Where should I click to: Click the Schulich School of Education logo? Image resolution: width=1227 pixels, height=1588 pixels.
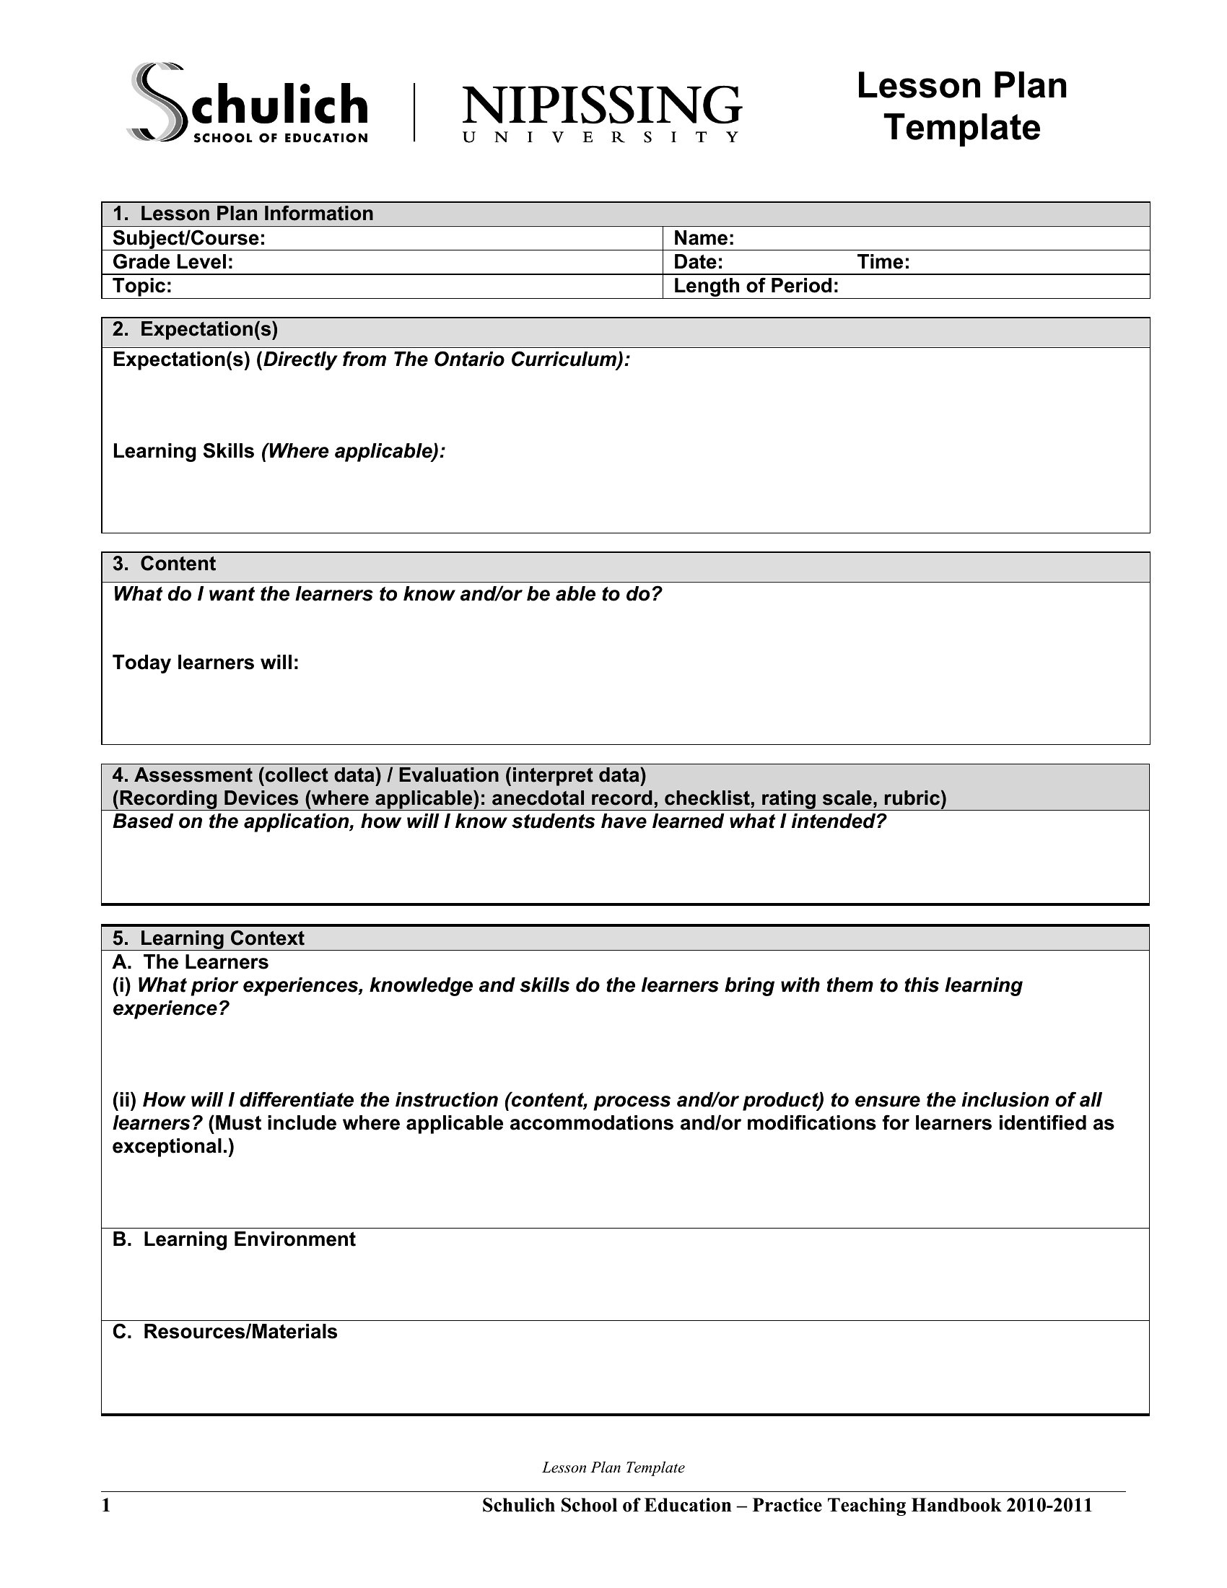(x=247, y=103)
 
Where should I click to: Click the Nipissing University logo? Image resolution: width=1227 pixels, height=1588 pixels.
(x=601, y=113)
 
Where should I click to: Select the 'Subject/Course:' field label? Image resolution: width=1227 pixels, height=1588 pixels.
(x=189, y=238)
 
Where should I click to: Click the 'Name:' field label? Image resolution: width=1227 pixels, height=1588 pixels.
(x=704, y=238)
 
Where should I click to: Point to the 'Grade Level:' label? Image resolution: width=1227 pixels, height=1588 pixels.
(x=173, y=263)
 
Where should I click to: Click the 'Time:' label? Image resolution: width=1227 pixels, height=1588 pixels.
(x=883, y=263)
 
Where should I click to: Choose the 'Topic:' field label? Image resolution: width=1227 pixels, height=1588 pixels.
(x=142, y=286)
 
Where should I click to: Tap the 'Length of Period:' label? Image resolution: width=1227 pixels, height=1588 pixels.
(x=756, y=286)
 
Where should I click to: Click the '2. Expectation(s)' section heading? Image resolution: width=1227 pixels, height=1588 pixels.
(x=195, y=329)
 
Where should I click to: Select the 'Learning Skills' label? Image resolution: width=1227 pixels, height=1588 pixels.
(x=183, y=452)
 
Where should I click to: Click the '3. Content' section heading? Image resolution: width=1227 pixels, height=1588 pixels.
(x=164, y=564)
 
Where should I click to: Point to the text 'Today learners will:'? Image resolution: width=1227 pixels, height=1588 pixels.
(x=206, y=663)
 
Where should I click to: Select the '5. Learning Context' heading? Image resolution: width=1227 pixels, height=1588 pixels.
(x=208, y=938)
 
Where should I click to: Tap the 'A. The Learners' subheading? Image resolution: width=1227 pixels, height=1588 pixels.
(x=191, y=962)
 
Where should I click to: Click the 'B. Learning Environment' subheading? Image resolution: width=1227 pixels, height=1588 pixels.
(x=234, y=1239)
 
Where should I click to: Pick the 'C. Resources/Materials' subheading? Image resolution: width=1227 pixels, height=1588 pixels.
(x=224, y=1331)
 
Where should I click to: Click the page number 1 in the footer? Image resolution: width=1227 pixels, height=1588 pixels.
(x=106, y=1505)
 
